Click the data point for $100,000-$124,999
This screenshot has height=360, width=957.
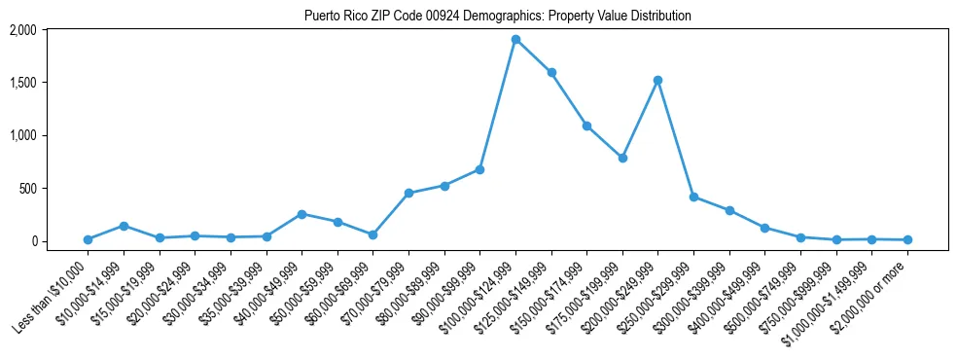515,40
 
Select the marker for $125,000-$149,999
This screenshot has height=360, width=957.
551,72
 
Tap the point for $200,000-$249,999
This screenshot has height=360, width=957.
658,80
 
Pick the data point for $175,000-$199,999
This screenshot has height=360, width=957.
622,158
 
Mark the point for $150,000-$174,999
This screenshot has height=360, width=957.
586,126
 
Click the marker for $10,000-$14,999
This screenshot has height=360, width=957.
124,226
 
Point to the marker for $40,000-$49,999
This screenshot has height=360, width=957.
301,214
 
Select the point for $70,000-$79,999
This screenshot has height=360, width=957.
408,193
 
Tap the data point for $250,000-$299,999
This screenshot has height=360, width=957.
693,197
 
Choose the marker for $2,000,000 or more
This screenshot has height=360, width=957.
907,239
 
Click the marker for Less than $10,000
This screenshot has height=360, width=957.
88,239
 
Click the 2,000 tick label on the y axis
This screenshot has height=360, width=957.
23,30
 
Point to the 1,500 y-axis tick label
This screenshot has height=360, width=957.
23,83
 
